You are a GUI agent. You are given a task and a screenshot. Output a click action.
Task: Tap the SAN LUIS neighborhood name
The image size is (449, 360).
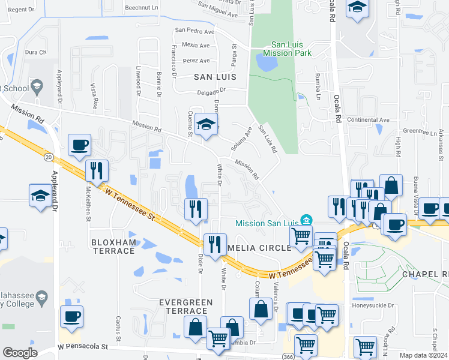214,77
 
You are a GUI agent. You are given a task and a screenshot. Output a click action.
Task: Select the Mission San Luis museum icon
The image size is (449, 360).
307,221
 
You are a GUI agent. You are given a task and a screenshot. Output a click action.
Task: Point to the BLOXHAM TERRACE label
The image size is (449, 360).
113,246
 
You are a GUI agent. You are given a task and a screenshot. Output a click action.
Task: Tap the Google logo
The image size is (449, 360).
20,352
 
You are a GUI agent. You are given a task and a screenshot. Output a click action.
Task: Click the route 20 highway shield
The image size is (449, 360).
49,157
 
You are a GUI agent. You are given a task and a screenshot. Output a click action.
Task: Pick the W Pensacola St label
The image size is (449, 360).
82,347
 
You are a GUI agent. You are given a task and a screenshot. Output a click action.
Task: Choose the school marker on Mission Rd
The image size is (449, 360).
206,124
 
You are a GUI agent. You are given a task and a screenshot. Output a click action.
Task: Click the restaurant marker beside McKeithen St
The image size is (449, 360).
96,170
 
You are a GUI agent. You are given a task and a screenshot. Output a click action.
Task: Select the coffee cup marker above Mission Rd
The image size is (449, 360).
79,144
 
